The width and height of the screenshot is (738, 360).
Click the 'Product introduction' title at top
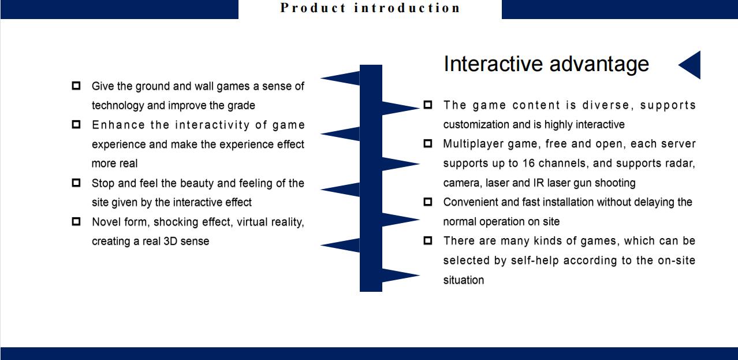click(370, 8)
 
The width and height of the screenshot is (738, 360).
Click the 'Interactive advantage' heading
click(546, 64)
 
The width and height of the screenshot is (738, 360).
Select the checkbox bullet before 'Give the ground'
click(76, 86)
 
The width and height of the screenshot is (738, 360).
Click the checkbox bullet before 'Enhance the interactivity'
click(76, 124)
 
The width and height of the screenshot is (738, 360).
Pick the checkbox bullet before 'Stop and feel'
click(76, 183)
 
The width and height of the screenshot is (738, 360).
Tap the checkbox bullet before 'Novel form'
click(76, 221)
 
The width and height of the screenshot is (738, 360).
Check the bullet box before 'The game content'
click(428, 105)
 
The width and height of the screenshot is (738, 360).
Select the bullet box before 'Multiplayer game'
click(428, 143)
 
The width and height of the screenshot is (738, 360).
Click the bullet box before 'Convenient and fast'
click(428, 202)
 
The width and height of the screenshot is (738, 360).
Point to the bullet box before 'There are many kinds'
click(428, 240)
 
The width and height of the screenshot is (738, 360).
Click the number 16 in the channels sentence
click(528, 163)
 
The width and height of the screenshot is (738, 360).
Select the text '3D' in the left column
click(171, 242)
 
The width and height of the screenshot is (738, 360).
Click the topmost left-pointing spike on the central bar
click(340, 79)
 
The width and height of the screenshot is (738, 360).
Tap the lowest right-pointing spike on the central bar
click(401, 275)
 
